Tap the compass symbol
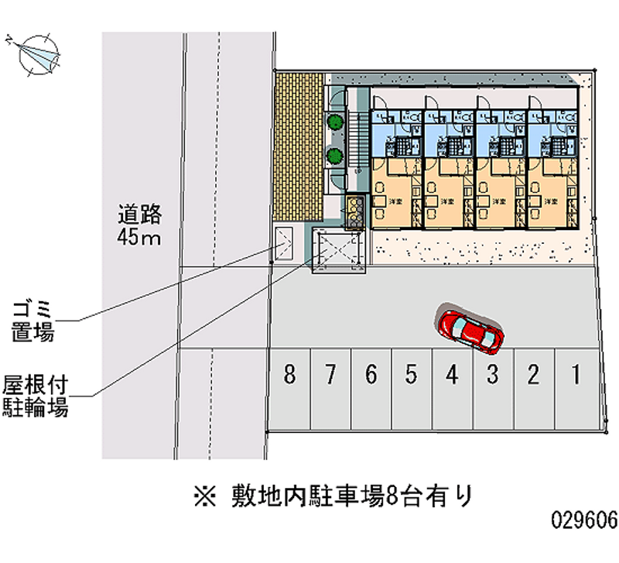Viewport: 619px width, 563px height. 36,53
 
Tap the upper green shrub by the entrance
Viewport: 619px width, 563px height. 335,122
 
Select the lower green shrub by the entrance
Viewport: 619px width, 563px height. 335,155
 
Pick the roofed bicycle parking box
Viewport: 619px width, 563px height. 337,252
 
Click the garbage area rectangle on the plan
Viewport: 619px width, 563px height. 284,243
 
